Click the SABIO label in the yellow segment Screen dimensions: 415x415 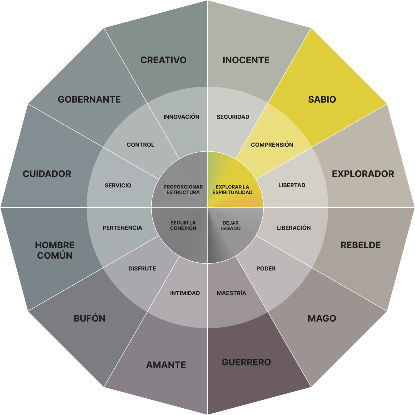(x=322, y=99)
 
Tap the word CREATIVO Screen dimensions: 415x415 (x=163, y=60)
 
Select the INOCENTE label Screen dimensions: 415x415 (x=246, y=60)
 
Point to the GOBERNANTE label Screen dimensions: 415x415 (x=89, y=99)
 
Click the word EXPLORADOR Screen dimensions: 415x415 (x=363, y=174)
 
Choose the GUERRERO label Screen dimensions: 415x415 (x=246, y=362)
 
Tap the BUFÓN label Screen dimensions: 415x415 (x=89, y=318)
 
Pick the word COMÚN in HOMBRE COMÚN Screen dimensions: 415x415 (x=55, y=255)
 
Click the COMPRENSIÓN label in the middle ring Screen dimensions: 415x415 (x=272, y=145)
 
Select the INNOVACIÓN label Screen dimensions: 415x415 (x=181, y=117)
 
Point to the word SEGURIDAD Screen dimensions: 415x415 (x=233, y=117)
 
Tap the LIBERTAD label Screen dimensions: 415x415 (x=292, y=185)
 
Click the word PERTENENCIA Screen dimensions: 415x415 (x=122, y=228)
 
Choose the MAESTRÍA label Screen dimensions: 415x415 (x=231, y=293)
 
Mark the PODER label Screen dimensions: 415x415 (x=266, y=268)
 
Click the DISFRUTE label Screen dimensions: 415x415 (x=142, y=268)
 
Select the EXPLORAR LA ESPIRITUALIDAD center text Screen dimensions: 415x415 (x=232, y=189)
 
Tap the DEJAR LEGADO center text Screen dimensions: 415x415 (x=230, y=225)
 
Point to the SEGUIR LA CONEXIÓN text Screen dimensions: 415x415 (x=183, y=225)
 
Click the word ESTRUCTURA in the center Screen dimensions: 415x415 (x=183, y=192)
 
